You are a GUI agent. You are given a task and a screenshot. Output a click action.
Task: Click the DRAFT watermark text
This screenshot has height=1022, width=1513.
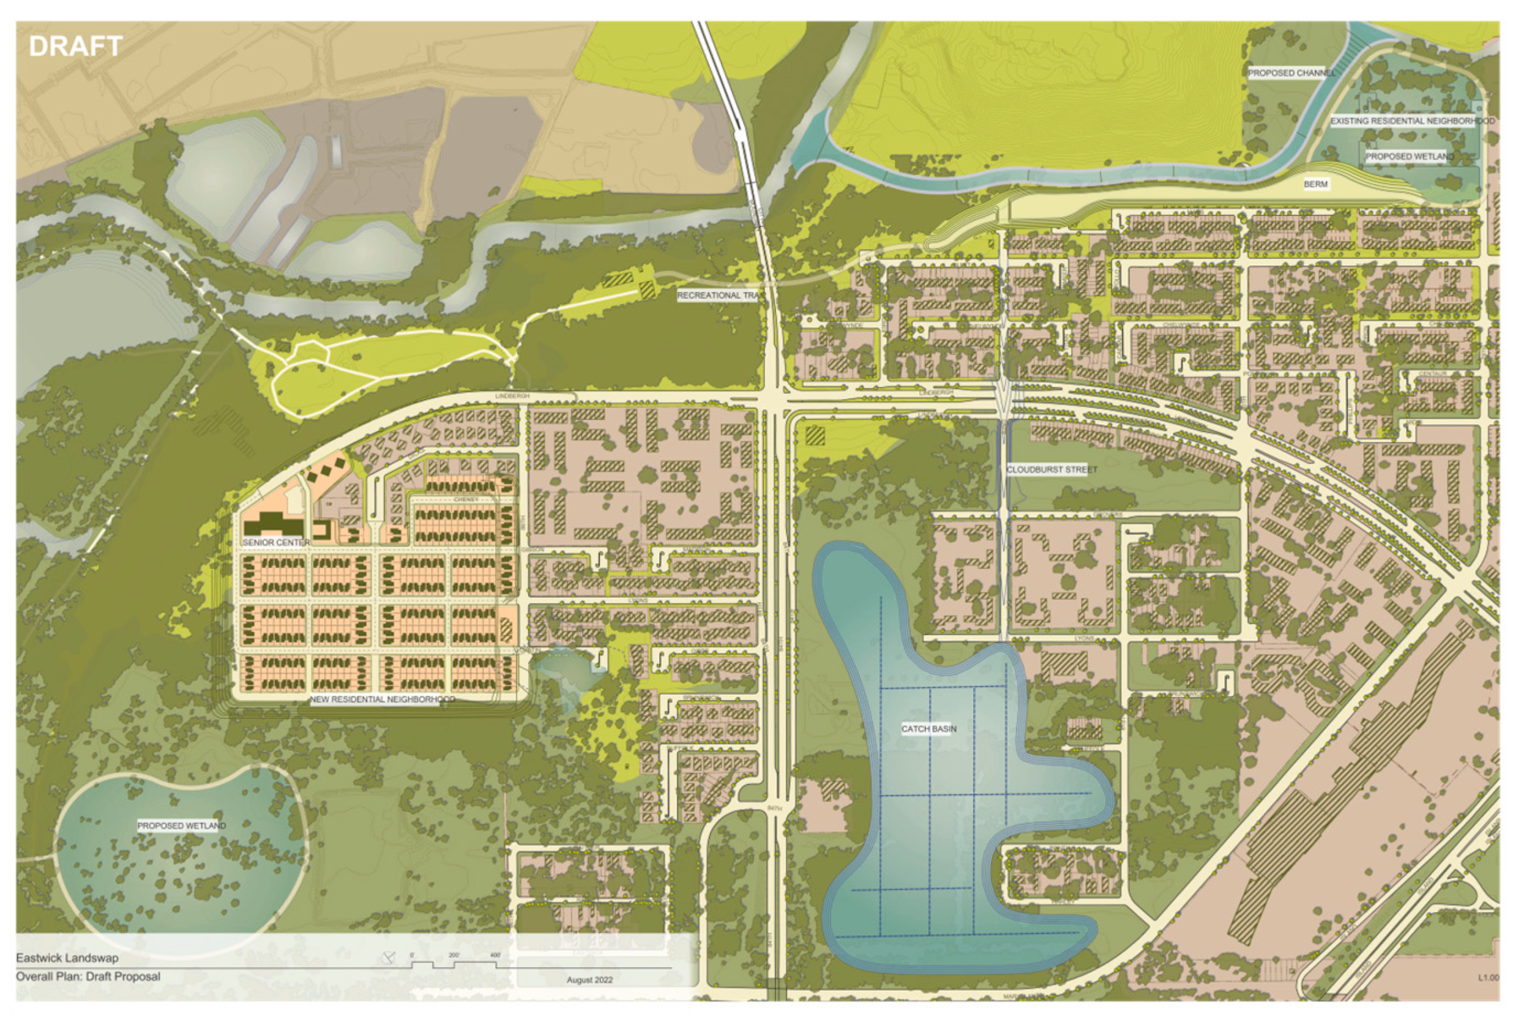(x=75, y=47)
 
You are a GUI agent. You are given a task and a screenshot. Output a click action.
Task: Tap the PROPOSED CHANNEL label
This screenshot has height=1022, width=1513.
(x=1290, y=73)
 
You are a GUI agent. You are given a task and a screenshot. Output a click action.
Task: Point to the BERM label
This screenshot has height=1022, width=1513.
(x=1315, y=184)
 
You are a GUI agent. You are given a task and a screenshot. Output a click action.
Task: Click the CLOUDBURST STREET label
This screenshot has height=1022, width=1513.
(x=1052, y=469)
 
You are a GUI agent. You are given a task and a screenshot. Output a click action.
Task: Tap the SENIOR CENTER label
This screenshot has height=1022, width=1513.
(x=276, y=542)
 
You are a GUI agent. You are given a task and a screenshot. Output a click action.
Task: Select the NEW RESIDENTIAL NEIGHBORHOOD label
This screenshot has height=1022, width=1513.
(x=382, y=699)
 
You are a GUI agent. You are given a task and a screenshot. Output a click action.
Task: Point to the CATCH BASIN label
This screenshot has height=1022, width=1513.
(x=928, y=728)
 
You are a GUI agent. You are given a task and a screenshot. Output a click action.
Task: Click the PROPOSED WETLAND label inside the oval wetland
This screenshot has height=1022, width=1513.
(x=182, y=826)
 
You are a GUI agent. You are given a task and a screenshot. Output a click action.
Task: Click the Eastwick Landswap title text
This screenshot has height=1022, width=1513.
(x=68, y=958)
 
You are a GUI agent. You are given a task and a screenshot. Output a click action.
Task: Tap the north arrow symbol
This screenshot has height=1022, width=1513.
(x=389, y=957)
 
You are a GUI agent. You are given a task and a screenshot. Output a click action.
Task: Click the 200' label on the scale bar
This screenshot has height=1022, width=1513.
(x=454, y=955)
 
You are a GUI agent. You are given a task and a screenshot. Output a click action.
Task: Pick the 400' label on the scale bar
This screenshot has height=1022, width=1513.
(x=495, y=955)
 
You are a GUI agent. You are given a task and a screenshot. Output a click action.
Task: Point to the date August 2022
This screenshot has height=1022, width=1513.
(x=589, y=979)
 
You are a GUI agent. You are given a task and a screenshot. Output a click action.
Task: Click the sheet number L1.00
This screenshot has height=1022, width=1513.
(x=1489, y=977)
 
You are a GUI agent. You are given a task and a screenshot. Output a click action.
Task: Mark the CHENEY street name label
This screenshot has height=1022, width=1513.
(x=466, y=499)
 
